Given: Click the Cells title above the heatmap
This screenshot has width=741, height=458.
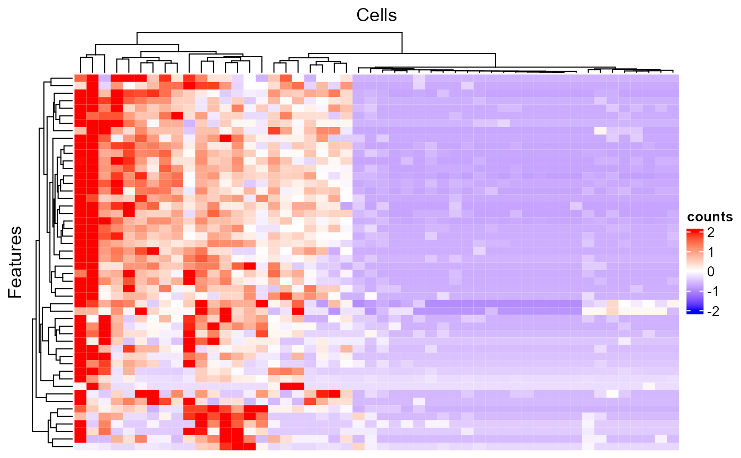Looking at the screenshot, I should [x=376, y=15].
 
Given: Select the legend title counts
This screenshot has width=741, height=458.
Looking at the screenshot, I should [x=709, y=217].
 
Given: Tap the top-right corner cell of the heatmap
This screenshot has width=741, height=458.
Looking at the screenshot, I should [x=673, y=79].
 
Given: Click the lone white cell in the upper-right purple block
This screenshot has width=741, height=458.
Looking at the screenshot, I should [x=600, y=130].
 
